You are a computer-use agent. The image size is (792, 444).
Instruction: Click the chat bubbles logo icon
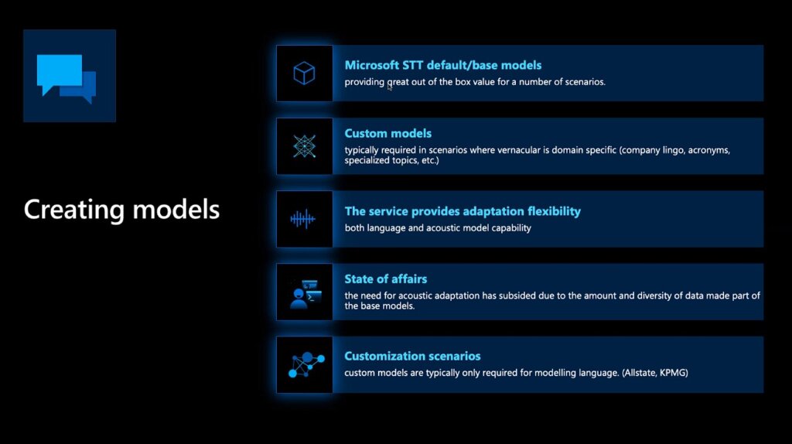tap(67, 79)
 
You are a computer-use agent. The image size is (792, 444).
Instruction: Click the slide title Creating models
tap(121, 210)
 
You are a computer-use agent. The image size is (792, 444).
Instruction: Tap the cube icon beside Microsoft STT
tap(304, 73)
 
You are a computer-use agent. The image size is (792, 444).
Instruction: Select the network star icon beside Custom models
tap(304, 146)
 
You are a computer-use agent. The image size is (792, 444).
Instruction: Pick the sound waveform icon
tap(303, 219)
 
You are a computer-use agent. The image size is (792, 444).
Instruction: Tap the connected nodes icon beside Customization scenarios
tap(306, 364)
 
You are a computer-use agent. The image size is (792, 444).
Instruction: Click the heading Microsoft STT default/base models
tap(443, 65)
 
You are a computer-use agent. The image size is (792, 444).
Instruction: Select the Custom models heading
tap(388, 133)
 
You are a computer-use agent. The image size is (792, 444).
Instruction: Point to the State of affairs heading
tap(386, 278)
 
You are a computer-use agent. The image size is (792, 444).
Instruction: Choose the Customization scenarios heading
tap(412, 356)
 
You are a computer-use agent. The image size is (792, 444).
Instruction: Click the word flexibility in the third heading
tap(554, 211)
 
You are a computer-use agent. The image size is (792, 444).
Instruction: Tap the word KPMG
tap(674, 373)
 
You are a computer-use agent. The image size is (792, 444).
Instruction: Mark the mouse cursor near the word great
tap(390, 87)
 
